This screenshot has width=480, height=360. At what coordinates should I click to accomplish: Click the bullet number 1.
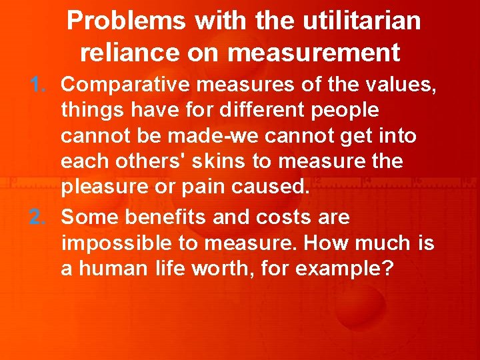click(37, 85)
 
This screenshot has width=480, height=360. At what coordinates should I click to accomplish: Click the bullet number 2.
click(37, 217)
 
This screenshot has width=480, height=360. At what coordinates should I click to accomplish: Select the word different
click(265, 110)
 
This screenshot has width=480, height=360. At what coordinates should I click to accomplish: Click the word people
click(347, 110)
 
